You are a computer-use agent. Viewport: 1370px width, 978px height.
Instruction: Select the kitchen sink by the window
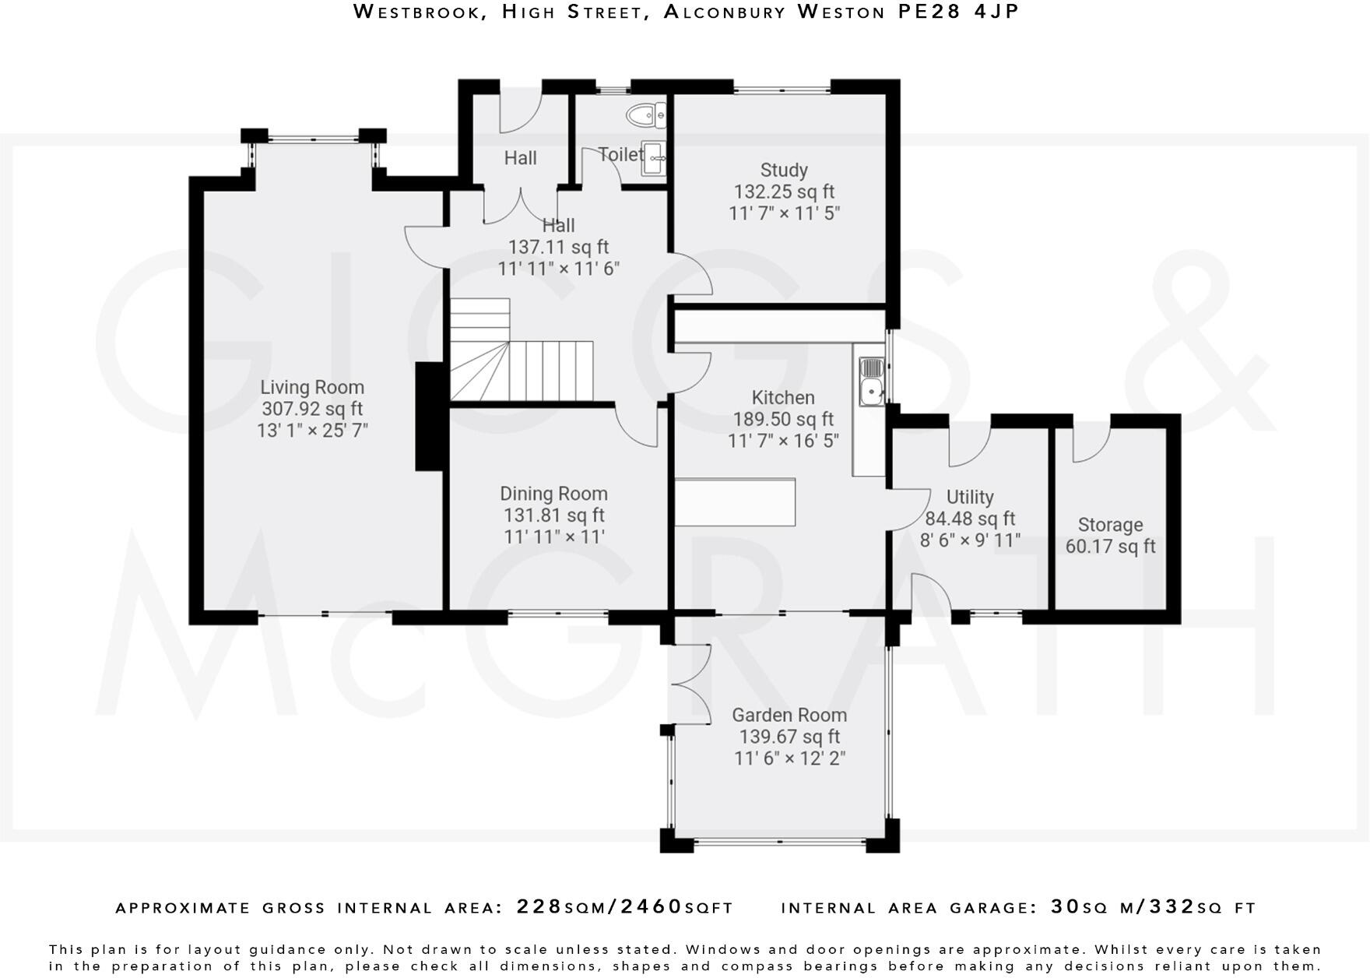871,381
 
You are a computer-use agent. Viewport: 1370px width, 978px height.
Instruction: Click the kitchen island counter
735,502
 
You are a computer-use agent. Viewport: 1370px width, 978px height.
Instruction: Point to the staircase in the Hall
521,350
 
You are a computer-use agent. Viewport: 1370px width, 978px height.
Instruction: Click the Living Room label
312,387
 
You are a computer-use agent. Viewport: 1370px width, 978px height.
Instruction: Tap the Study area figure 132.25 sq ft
784,192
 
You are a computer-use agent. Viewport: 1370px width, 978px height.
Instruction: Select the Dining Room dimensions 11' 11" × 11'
554,536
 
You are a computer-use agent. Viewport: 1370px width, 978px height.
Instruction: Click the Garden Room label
789,715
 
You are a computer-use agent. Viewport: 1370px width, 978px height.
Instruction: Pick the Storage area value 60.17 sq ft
1110,547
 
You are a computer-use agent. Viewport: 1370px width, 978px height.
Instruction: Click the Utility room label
970,497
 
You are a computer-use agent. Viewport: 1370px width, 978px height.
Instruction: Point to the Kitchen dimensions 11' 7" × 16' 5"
783,441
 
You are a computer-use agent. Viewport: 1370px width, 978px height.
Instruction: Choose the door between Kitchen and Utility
909,510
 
